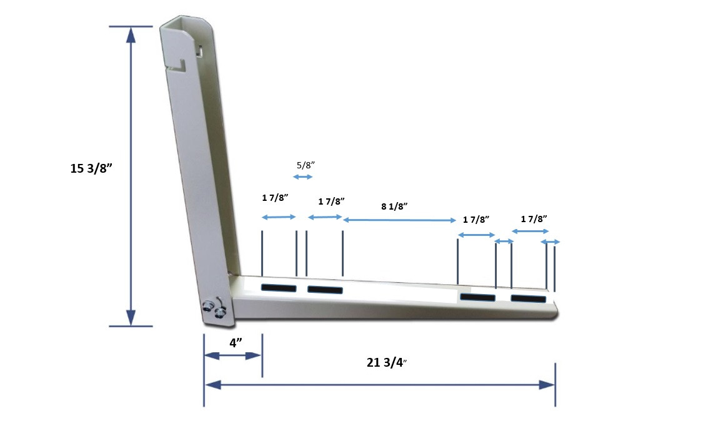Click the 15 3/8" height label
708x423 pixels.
[91, 168]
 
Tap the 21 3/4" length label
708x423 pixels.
[387, 362]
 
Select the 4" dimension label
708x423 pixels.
[236, 343]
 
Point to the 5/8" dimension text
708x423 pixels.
[306, 165]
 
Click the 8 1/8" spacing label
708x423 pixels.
[394, 206]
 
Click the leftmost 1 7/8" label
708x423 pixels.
[274, 198]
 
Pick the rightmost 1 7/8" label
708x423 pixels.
[534, 219]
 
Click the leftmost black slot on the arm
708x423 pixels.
[279, 288]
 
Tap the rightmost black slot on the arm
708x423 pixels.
[528, 298]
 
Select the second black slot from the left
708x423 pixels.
[325, 290]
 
